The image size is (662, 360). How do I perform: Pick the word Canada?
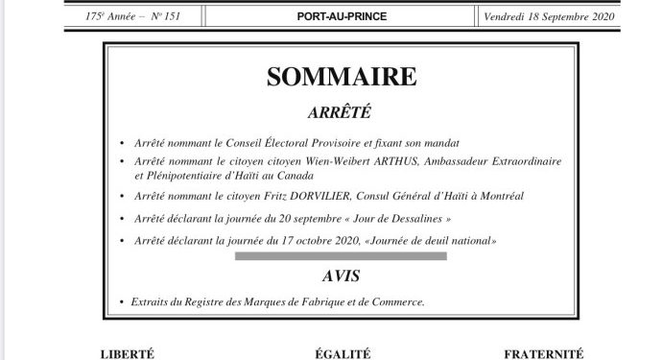[308, 177]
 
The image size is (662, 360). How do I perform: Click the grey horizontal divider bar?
[341, 256]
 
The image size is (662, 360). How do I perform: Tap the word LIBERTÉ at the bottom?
[127, 354]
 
